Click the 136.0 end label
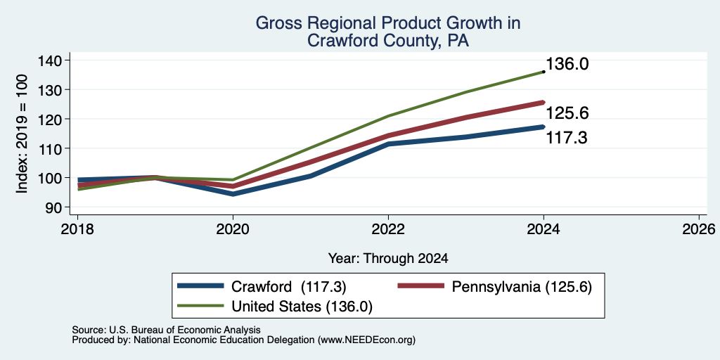coord(567,64)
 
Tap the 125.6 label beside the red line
coord(567,113)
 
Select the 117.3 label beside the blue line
coord(566,138)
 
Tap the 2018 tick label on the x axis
coord(77,229)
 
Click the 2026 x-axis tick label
coord(699,229)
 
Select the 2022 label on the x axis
coord(388,229)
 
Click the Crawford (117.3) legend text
coord(288,287)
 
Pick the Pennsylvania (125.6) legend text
coord(522,287)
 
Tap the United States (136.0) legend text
coord(302,307)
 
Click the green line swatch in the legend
coord(200,306)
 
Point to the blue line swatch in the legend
coord(200,286)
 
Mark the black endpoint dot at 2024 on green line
coord(544,72)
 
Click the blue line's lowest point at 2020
coord(233,194)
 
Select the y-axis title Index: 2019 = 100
coord(22,134)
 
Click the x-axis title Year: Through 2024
coord(388,259)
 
